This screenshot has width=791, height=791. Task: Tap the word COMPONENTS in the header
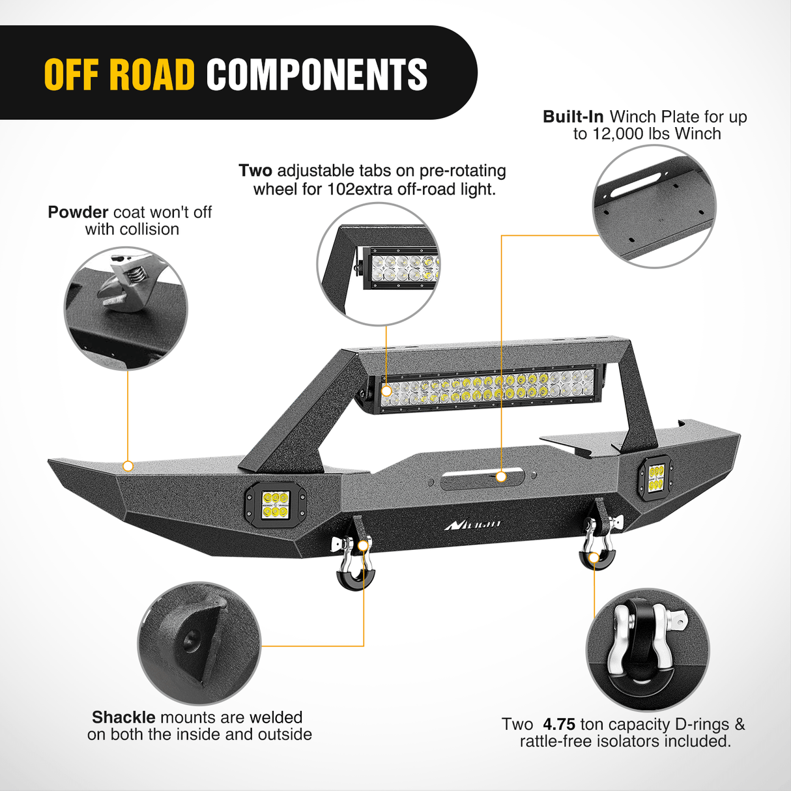[317, 74]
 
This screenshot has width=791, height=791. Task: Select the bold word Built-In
[573, 117]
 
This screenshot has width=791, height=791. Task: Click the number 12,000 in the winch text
[617, 134]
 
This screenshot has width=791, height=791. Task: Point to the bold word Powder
[78, 212]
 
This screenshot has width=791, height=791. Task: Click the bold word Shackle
[123, 717]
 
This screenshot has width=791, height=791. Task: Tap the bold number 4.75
[559, 725]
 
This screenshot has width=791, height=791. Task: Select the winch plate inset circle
[654, 206]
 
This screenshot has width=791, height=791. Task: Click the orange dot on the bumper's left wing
[128, 466]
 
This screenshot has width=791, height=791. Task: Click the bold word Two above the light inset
[255, 171]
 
